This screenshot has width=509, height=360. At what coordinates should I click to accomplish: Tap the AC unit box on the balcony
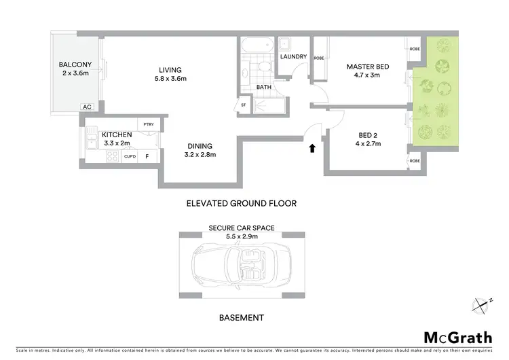[x=87, y=107]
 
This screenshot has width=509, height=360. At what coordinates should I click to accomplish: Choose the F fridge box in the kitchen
[x=149, y=156]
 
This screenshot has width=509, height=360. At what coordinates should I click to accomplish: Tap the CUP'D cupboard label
[x=130, y=156]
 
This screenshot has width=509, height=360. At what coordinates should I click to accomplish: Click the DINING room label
[x=200, y=146]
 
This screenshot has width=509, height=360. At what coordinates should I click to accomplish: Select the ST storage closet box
[x=243, y=106]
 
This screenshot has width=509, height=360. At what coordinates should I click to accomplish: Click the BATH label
[x=264, y=87]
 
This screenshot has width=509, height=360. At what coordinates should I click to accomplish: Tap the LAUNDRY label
[x=293, y=56]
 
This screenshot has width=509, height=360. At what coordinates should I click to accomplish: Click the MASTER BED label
[x=367, y=67]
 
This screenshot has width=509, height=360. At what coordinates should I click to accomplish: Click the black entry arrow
[x=312, y=147]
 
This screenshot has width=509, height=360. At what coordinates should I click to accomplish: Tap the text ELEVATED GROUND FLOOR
[x=241, y=203]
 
